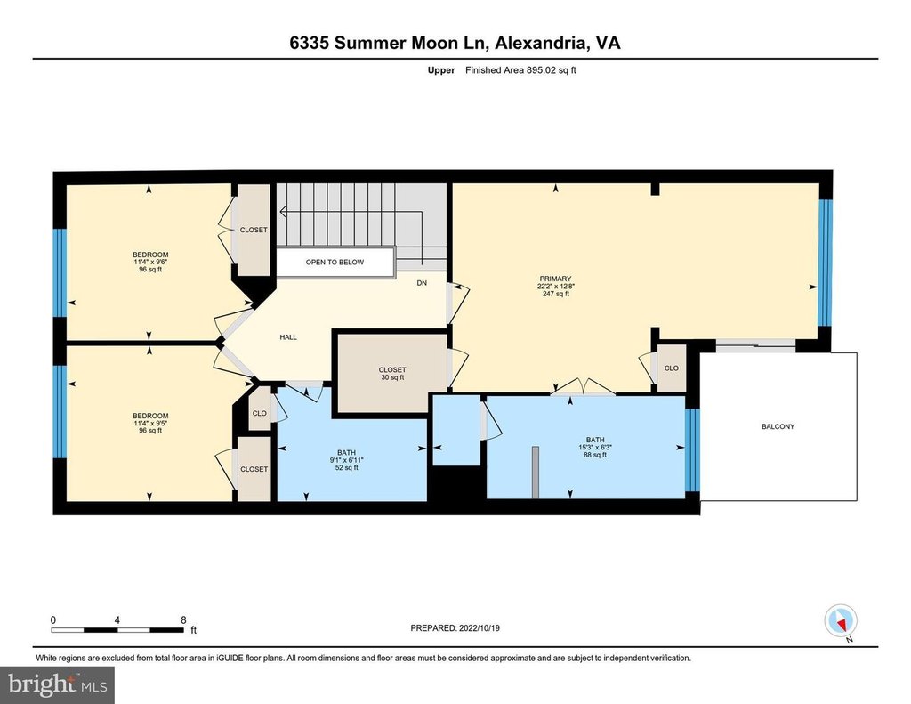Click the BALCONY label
778,426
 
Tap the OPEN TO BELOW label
335,263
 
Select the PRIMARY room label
555,279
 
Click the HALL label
288,337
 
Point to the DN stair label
422,283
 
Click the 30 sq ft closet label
392,377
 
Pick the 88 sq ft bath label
595,455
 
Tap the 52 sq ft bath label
346,467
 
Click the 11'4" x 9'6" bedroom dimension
150,263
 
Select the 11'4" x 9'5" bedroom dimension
150,424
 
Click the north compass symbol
841,622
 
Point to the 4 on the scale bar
117,620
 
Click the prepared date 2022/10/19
480,627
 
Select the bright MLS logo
57,684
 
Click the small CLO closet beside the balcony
672,368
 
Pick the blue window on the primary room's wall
825,263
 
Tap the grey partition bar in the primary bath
536,472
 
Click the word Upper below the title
441,70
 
